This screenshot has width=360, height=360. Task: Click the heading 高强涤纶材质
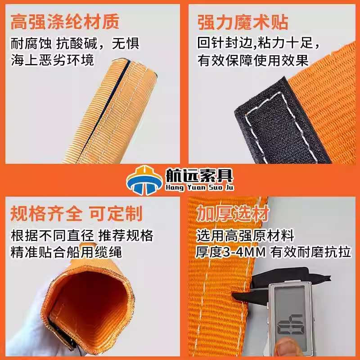pos(65,21)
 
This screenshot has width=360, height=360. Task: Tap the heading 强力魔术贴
pos(243,22)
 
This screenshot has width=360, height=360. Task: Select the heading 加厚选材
pos(233,213)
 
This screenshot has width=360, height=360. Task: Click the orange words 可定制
pos(116,213)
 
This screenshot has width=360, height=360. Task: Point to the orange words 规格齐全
pos(46,213)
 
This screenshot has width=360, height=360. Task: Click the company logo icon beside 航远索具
pos(144,180)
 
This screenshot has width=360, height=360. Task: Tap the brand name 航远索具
pos(199,175)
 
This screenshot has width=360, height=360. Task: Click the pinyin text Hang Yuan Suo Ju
pos(199,187)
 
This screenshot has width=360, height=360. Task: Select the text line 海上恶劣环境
pos(52,60)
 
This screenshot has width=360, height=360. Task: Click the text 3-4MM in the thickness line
pos(244,252)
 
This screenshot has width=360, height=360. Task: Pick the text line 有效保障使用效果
pos(253,60)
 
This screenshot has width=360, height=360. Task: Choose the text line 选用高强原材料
pos(245,235)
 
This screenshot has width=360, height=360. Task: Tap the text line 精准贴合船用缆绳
pos(66,252)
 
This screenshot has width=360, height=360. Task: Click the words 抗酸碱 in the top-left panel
pos(76,43)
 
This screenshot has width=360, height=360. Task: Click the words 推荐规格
pos(126,235)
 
